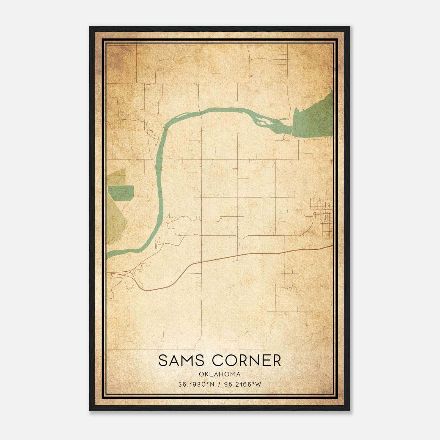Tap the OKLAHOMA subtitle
point(220,374)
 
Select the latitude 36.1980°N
point(196,384)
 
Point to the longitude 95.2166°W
point(243,384)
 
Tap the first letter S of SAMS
point(163,361)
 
